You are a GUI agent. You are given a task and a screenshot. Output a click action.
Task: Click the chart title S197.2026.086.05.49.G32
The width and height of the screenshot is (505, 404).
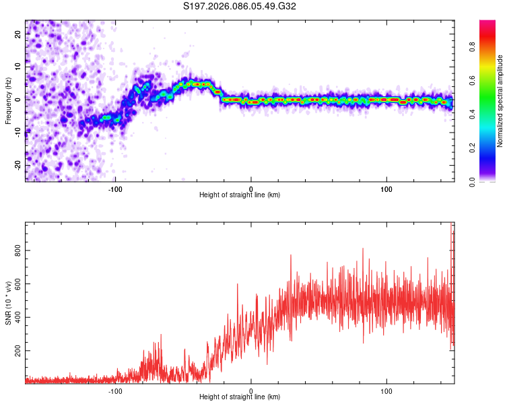pos(240,7)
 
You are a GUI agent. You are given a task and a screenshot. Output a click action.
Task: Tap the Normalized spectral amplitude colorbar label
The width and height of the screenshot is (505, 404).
pos(500,101)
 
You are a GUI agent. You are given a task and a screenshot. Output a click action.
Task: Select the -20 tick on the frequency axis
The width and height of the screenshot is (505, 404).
pos(17,165)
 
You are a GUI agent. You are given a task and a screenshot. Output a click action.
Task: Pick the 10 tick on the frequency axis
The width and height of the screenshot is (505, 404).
pos(18,67)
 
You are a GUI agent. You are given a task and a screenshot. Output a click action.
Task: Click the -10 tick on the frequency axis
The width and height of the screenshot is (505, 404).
pos(17,133)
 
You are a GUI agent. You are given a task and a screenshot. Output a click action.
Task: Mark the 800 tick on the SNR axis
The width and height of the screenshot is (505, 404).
pos(15,250)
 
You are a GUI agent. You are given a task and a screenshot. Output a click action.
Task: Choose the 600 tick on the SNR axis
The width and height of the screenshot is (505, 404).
pos(15,284)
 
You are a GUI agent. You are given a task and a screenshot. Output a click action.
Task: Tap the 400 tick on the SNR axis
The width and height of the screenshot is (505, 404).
pos(15,318)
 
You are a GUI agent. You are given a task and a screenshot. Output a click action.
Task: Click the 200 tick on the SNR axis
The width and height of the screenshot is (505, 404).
pos(15,351)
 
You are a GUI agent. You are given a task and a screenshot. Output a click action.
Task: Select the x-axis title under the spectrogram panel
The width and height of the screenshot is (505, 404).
pos(240,195)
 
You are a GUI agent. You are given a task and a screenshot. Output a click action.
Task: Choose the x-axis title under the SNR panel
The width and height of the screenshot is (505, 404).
pos(240,397)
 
